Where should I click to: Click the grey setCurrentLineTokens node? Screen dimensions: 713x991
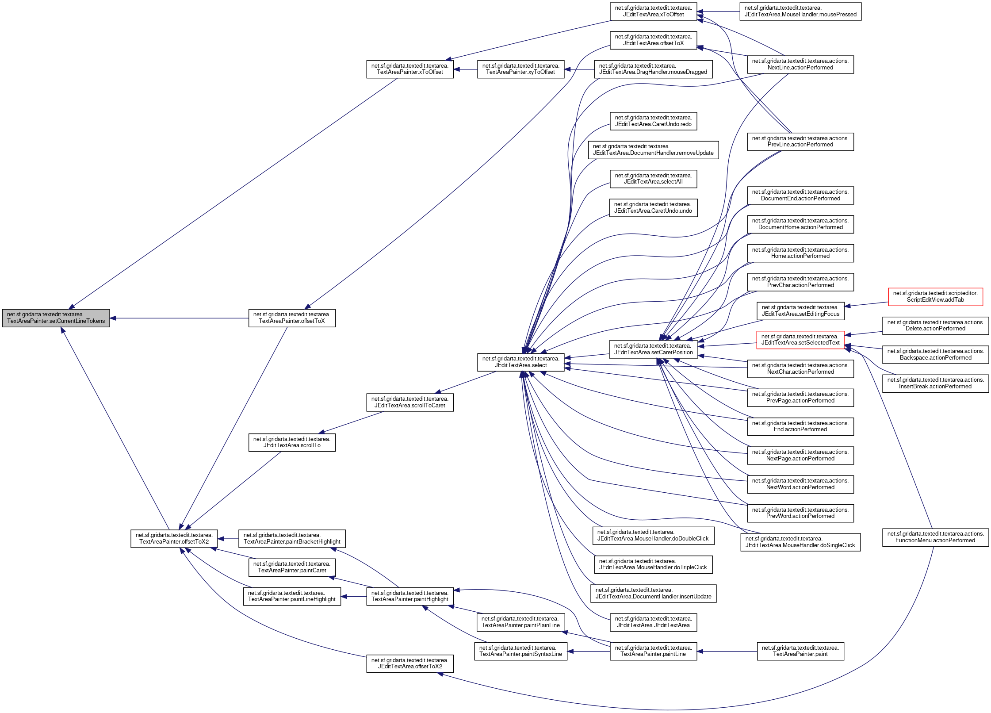click(56, 318)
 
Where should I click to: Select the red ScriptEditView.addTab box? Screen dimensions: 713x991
click(935, 296)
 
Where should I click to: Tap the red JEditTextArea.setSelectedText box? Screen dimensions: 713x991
click(800, 340)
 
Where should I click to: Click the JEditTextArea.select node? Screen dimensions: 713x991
click(520, 362)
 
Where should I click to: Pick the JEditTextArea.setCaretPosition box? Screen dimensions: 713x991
click(653, 349)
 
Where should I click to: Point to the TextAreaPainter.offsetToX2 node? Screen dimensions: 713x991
click(174, 538)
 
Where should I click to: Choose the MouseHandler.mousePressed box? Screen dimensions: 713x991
click(800, 11)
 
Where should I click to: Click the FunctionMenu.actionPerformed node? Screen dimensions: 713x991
click(935, 537)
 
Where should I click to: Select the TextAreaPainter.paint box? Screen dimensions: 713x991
click(800, 651)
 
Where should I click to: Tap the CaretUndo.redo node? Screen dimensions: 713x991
click(653, 121)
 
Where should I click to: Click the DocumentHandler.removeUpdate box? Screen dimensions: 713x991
click(653, 150)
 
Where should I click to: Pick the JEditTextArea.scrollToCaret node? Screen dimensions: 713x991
click(409, 402)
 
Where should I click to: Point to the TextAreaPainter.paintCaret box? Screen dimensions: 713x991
click(292, 567)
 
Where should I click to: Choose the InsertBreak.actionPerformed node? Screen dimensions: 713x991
click(935, 383)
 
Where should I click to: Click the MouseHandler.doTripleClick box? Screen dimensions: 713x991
click(653, 564)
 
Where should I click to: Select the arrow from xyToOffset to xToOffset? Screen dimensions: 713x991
click(465, 69)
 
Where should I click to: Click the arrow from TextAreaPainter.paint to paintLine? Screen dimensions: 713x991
click(727, 651)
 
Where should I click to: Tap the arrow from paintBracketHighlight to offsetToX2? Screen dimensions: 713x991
click(228, 539)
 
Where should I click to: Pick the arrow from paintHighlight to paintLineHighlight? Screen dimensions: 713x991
click(353, 596)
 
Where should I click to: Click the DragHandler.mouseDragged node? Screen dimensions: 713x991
click(653, 69)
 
